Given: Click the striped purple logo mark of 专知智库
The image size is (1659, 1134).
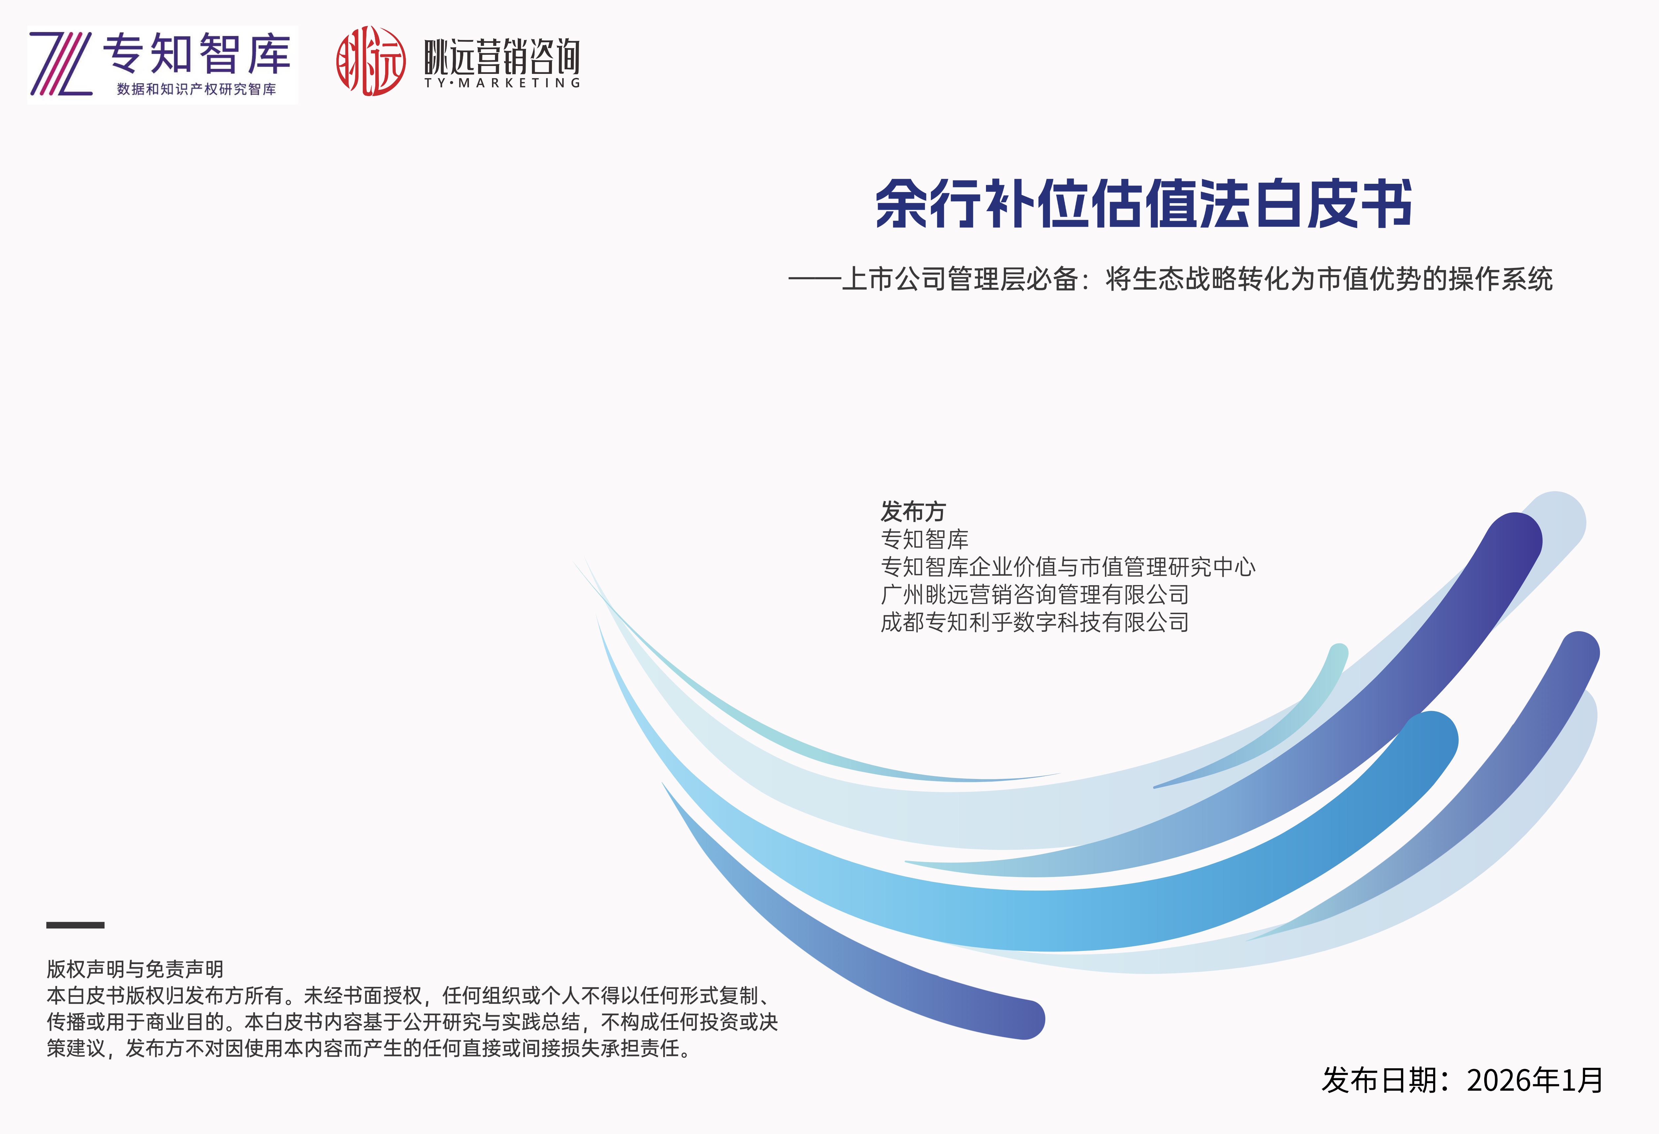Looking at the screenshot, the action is coord(61,64).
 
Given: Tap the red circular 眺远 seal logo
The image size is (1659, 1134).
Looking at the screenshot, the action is coord(371,61).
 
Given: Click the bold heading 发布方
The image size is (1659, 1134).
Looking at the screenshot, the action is coord(913,511).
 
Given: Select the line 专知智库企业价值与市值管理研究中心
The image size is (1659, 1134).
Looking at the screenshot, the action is coord(1068,567).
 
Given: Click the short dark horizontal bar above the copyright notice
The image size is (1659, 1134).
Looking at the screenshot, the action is coord(76,925).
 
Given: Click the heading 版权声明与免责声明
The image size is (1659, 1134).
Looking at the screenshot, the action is coord(135,969).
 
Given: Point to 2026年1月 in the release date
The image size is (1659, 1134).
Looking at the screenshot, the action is coord(1535,1081).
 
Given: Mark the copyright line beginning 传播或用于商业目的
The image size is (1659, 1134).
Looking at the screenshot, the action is coord(412,1022).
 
